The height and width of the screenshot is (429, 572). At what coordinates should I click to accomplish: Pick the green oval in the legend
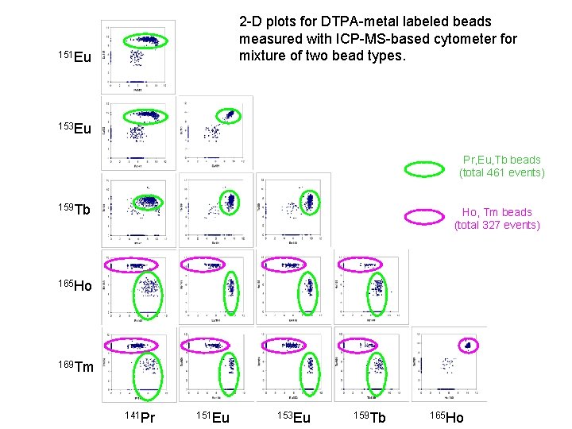[x=424, y=168]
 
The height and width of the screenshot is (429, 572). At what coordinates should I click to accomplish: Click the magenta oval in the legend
[x=424, y=215]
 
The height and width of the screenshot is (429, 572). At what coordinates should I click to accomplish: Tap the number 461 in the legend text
[x=493, y=172]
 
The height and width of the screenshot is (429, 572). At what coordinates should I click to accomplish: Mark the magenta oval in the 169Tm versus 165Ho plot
[x=467, y=345]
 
